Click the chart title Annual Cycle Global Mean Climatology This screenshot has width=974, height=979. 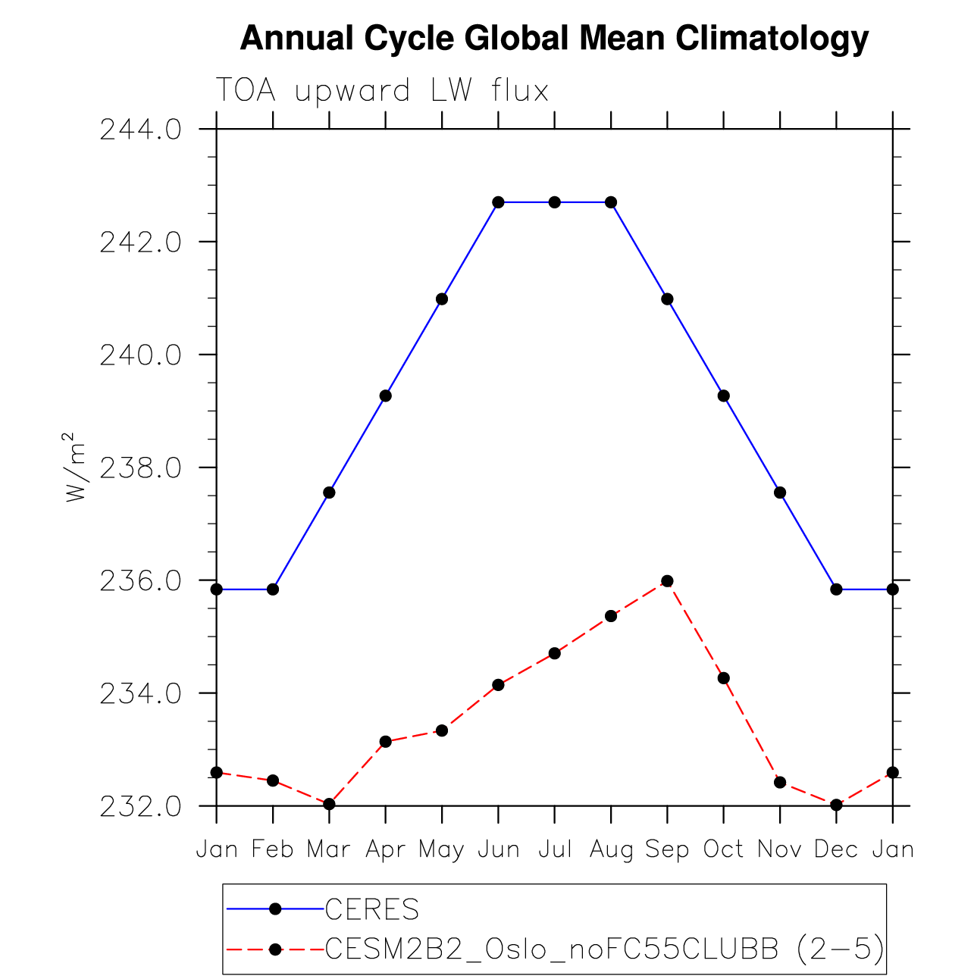coord(554,38)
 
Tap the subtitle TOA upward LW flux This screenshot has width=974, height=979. coord(382,91)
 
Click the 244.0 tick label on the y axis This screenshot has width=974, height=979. coord(141,130)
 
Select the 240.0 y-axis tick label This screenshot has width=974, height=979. coord(141,355)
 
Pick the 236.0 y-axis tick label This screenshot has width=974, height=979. coord(141,581)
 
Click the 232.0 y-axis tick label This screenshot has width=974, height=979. coord(141,806)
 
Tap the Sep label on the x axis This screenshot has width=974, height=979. coord(667,849)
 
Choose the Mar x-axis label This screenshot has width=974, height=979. coord(329,849)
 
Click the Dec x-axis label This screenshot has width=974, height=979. coord(836,849)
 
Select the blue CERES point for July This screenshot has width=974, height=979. coord(555,202)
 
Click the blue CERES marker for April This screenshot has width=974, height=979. coord(386,396)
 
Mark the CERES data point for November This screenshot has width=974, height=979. coord(780,493)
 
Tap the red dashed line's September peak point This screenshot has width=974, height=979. coord(667,581)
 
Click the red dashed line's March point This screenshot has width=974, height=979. coord(329,804)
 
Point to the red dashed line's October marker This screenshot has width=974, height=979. coord(724,678)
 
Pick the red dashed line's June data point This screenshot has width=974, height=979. coord(498,685)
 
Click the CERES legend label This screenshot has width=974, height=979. coord(371,909)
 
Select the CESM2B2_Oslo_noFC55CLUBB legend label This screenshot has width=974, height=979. coord(604,949)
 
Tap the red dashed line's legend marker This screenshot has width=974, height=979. coord(275,949)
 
